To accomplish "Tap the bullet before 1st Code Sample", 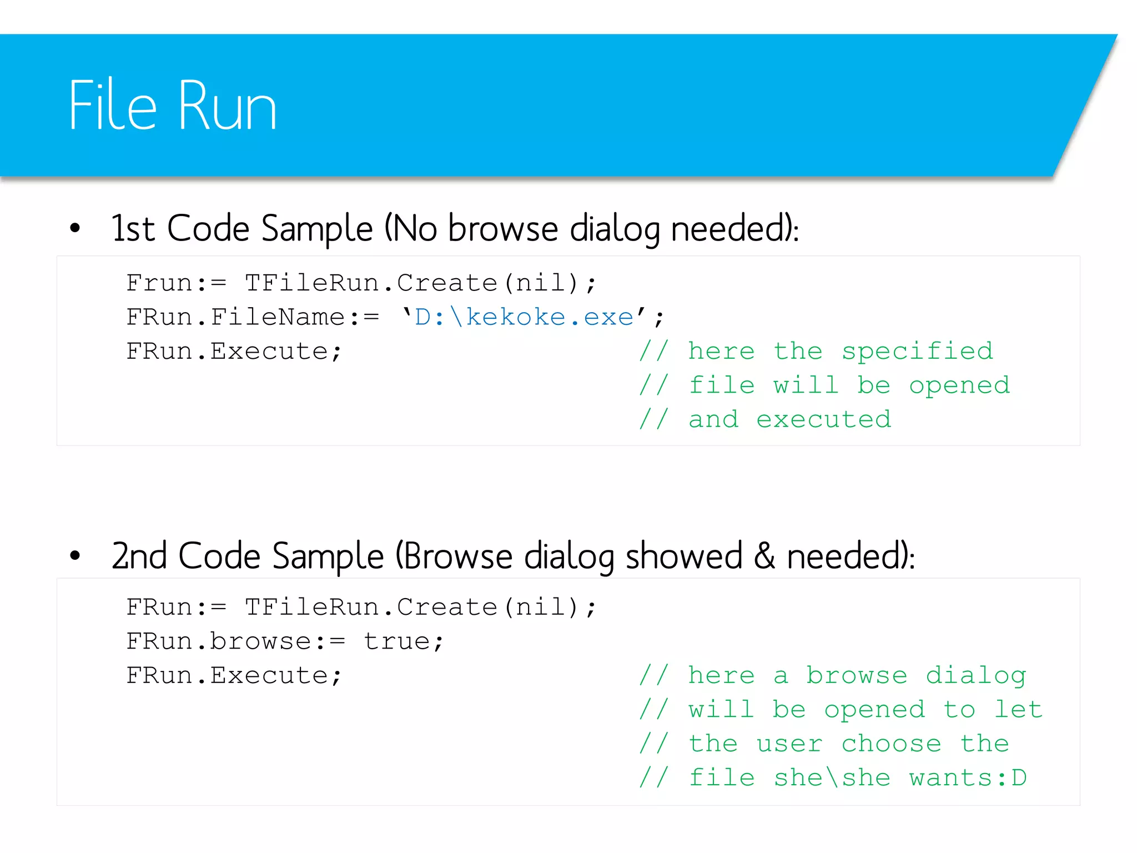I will (x=76, y=228).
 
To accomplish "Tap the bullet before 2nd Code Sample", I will (x=76, y=555).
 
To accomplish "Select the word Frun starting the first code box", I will (x=159, y=283).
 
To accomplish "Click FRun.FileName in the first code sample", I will (x=235, y=318).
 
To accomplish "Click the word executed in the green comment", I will (x=823, y=420).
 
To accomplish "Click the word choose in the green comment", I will (x=891, y=744).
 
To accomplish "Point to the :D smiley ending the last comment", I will (x=1011, y=778).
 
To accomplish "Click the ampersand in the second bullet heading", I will (x=764, y=556).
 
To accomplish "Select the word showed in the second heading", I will (x=683, y=556).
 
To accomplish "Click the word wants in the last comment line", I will (x=950, y=778).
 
